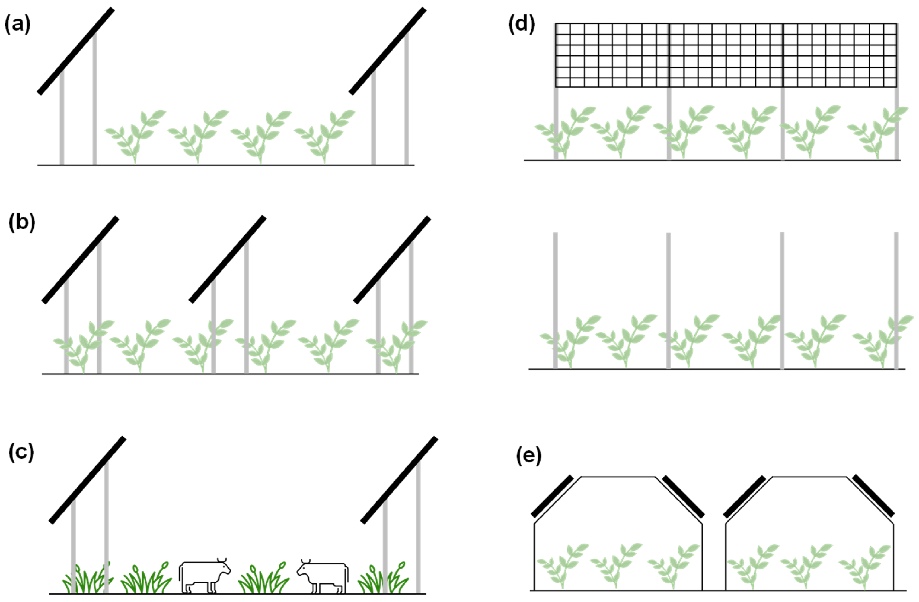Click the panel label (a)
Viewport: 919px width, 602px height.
point(17,24)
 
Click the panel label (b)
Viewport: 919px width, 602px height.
point(22,223)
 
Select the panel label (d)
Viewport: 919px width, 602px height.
point(522,24)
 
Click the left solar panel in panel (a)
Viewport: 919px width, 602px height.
point(76,51)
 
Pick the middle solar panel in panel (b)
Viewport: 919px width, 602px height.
point(227,259)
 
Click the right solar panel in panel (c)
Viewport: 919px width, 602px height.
point(399,480)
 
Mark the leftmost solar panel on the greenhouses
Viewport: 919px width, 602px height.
point(552,496)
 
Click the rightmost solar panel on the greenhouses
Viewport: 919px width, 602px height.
point(873,495)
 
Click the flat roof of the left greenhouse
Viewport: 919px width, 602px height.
point(618,477)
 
